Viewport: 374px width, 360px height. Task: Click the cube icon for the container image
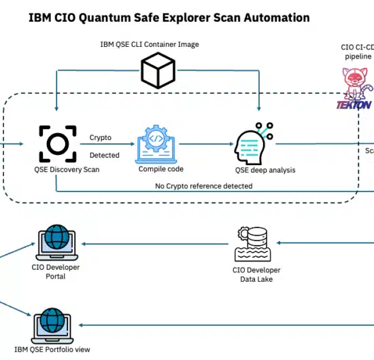[158, 70]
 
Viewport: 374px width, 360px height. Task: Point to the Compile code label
[161, 168]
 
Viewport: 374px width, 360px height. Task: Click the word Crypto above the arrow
[101, 137]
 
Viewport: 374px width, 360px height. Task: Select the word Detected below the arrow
[104, 155]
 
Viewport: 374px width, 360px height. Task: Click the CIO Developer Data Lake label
[256, 274]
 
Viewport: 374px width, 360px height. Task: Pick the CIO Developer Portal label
[56, 272]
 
